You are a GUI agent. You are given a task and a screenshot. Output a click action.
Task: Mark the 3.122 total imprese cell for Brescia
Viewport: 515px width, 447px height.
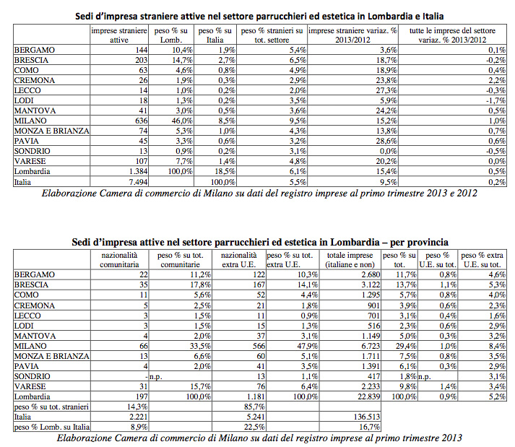(x=364, y=285)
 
